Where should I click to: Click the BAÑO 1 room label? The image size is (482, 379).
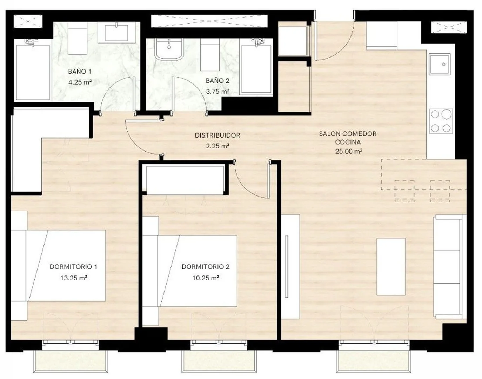80,72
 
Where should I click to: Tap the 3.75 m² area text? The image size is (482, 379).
217,91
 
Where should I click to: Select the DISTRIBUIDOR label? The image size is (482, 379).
217,135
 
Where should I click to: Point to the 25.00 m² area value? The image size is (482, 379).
349,151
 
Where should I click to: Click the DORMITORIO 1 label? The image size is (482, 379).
73,267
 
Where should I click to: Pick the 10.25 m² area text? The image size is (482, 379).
206,278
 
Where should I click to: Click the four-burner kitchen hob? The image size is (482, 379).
441,121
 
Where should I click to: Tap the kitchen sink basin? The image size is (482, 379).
440,64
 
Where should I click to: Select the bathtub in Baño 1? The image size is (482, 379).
33,72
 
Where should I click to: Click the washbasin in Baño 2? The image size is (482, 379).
169,49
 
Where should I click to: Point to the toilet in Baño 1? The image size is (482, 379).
77,38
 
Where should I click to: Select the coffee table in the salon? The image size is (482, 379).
391,267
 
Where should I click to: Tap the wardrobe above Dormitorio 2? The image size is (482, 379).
185,180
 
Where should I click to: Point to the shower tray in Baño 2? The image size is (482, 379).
256,70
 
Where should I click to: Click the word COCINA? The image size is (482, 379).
348,142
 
